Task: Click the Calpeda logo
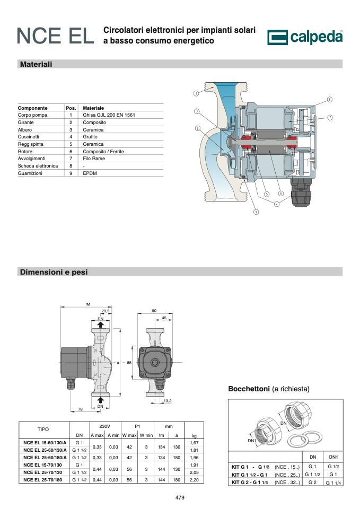pos(305,37)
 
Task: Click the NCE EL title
pos(56,36)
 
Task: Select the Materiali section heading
pos(36,64)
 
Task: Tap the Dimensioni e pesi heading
pos(54,272)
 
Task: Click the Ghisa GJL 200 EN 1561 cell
pos(109,115)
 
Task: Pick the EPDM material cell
pos(90,173)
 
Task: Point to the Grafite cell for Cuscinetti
pos(90,137)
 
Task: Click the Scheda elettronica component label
pos(38,166)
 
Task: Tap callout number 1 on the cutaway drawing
pos(196,93)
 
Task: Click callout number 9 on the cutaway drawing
pos(256,212)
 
